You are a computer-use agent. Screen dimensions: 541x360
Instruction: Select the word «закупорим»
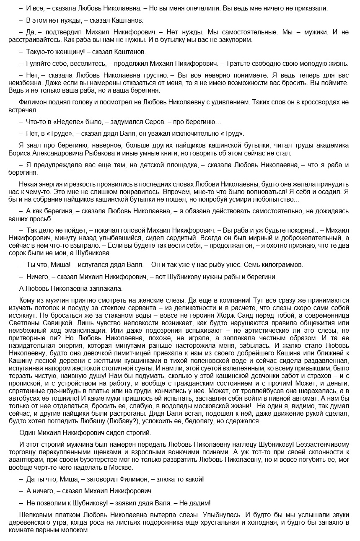pyautogui.click(x=236, y=40)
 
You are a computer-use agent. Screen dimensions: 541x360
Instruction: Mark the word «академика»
pyautogui.click(x=330, y=145)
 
